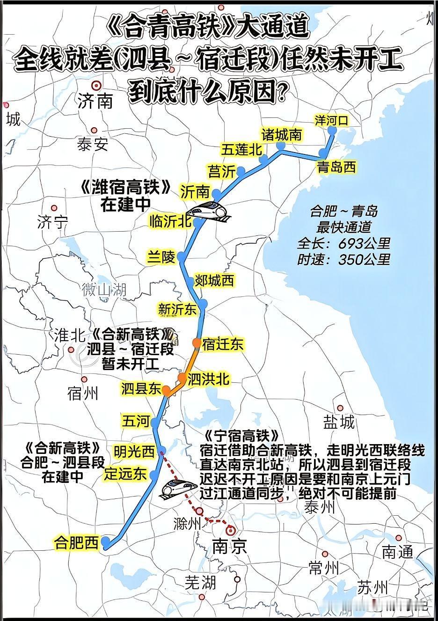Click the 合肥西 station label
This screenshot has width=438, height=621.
(x=77, y=543)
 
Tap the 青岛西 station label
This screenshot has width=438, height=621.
(x=336, y=167)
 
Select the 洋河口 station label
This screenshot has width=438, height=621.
(x=331, y=120)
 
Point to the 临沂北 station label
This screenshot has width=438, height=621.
(x=170, y=221)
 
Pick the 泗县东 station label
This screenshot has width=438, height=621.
(x=141, y=389)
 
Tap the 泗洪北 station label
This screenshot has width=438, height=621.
(x=208, y=379)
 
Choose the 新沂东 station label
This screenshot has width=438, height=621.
(x=177, y=309)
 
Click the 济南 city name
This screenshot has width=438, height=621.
(x=95, y=101)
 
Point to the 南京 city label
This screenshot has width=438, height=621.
(x=229, y=546)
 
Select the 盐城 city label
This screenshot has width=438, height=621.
(x=339, y=423)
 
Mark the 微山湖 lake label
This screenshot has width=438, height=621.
(x=104, y=289)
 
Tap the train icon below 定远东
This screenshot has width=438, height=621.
(x=176, y=488)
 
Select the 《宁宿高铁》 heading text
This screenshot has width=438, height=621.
(x=242, y=436)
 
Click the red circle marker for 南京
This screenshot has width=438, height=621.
(x=231, y=530)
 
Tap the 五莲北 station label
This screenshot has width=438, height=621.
(x=241, y=149)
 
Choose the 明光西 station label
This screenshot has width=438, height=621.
(x=134, y=452)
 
